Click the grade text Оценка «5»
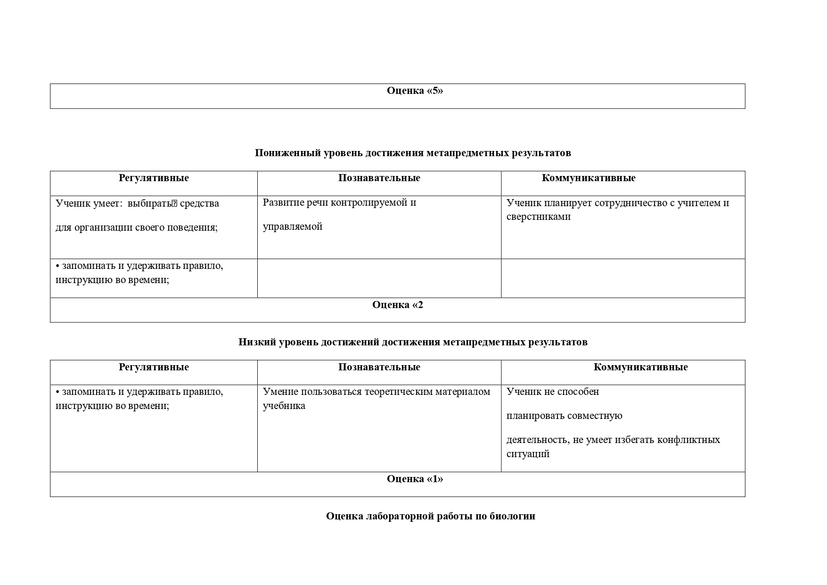point(415,91)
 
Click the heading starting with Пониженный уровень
point(413,153)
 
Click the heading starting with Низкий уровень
point(413,342)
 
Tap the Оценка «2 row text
point(398,305)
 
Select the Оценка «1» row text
point(415,479)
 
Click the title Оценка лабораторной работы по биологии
point(430,516)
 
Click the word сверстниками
point(538,217)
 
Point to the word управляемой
point(292,226)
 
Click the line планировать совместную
point(564,416)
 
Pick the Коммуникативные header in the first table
point(588,178)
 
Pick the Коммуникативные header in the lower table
point(640,367)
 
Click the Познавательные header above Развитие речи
point(379,178)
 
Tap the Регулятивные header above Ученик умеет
point(154,178)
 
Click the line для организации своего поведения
point(137,227)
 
